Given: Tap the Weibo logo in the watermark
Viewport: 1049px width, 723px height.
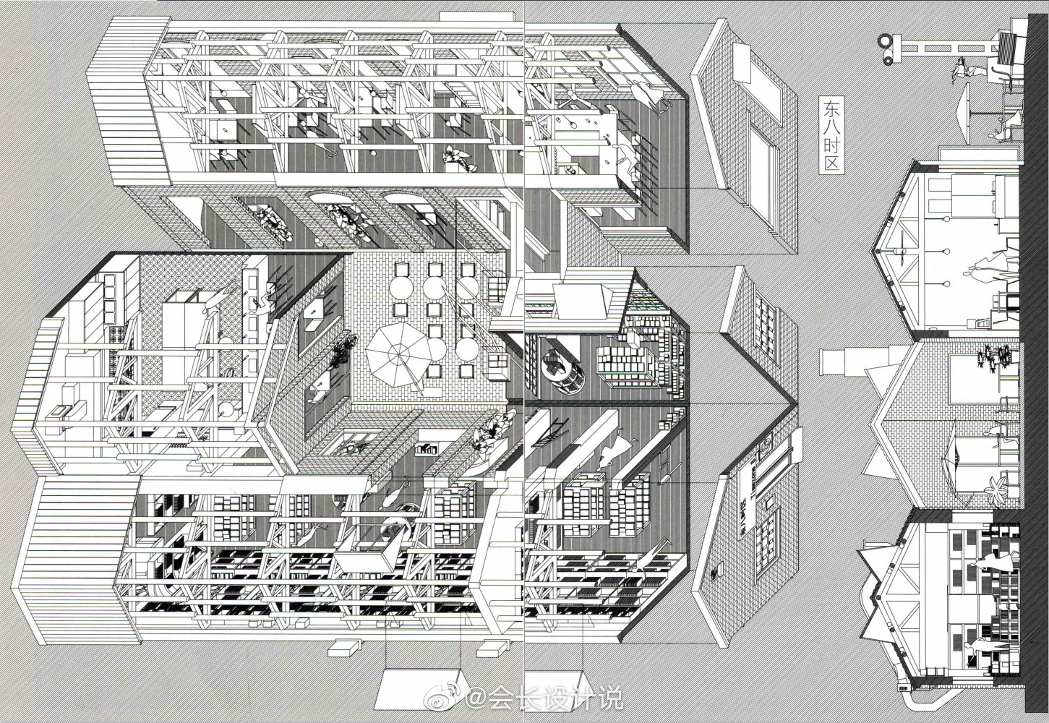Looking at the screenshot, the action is coord(453,699).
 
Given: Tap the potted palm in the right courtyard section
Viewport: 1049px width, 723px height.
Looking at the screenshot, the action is coord(998,490).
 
